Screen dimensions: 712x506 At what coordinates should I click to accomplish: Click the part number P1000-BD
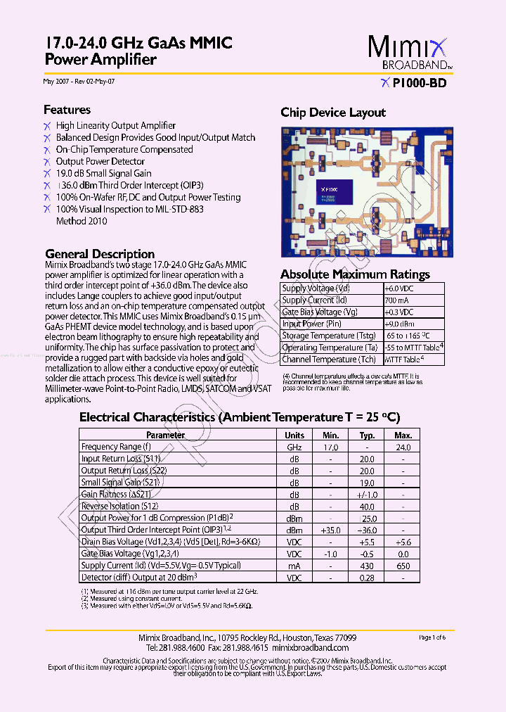[419, 83]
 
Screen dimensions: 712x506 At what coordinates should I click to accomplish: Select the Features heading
[67, 110]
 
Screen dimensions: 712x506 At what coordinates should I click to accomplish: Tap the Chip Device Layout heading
[333, 113]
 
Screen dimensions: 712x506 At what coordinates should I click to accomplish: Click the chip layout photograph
[367, 191]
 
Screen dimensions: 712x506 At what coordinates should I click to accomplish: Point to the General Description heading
[100, 254]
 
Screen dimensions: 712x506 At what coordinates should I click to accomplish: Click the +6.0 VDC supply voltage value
[398, 288]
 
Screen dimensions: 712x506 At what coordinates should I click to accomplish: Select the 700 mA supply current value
[395, 300]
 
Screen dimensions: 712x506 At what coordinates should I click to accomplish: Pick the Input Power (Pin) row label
[311, 324]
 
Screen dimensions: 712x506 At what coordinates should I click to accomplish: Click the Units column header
[294, 436]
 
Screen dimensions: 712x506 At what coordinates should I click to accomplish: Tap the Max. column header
[403, 436]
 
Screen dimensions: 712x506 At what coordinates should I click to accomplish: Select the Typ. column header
[367, 436]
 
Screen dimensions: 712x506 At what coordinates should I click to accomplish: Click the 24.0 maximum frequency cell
[403, 447]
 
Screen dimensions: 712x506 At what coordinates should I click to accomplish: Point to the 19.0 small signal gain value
[367, 483]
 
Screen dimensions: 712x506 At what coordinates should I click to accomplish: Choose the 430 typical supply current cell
[367, 566]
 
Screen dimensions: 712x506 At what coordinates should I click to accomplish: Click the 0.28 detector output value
[367, 578]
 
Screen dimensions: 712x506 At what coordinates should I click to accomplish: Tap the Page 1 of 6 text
[432, 637]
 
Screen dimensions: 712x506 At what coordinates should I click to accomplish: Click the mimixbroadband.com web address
[309, 647]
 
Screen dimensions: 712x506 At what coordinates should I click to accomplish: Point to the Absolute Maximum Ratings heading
[355, 274]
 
